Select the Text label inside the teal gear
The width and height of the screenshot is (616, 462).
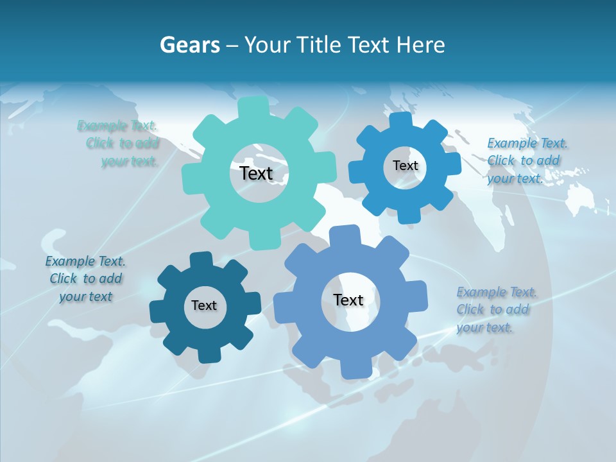pyautogui.click(x=256, y=173)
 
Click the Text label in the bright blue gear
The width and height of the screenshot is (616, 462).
pyautogui.click(x=405, y=166)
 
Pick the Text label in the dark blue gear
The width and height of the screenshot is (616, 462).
pyautogui.click(x=204, y=305)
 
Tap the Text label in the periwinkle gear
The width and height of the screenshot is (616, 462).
pyautogui.click(x=348, y=300)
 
